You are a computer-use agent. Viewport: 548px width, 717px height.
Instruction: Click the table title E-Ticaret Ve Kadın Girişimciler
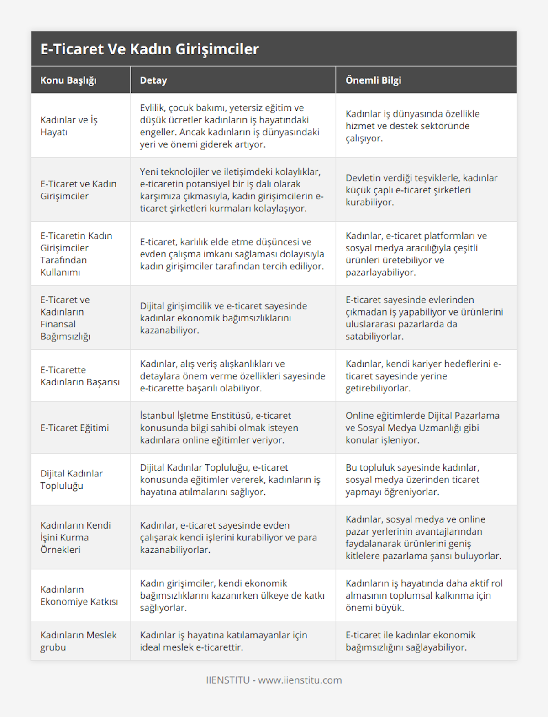click(x=149, y=49)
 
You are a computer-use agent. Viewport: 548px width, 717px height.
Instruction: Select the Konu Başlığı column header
click(x=68, y=80)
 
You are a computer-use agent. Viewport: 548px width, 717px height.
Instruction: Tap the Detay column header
click(x=153, y=80)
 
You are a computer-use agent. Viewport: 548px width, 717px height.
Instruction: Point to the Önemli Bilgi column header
click(x=373, y=80)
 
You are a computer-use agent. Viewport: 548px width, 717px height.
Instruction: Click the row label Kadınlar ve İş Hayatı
click(x=69, y=126)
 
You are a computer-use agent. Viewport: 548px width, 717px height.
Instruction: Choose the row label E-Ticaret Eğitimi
click(x=74, y=428)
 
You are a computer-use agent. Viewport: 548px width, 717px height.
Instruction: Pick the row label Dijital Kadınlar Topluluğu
click(x=71, y=479)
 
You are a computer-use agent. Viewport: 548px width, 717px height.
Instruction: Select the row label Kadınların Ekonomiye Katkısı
click(x=79, y=595)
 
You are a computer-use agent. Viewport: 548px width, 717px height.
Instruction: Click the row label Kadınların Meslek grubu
click(x=79, y=641)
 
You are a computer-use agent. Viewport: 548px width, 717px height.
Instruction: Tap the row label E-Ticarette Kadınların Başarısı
click(x=80, y=376)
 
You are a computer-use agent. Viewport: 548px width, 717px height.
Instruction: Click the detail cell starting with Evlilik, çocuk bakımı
click(x=230, y=126)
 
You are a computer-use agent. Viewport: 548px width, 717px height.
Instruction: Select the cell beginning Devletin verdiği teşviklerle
click(x=422, y=190)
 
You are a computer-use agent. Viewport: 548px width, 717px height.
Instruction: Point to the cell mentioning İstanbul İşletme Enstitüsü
click(x=219, y=428)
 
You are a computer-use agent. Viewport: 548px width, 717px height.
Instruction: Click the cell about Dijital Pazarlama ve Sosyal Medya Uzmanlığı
click(x=422, y=428)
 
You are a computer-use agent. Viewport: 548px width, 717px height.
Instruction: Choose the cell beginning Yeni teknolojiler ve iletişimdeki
click(x=232, y=190)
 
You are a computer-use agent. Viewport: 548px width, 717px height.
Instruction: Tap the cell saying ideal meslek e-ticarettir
click(x=223, y=641)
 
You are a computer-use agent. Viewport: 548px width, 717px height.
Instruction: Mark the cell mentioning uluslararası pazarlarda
click(x=424, y=318)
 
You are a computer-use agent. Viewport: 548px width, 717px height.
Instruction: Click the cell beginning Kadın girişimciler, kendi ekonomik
click(x=232, y=595)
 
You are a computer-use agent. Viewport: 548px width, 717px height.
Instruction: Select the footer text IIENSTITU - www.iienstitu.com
click(x=274, y=680)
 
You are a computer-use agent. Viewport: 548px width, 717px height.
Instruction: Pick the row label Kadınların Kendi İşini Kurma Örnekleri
click(x=75, y=537)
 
